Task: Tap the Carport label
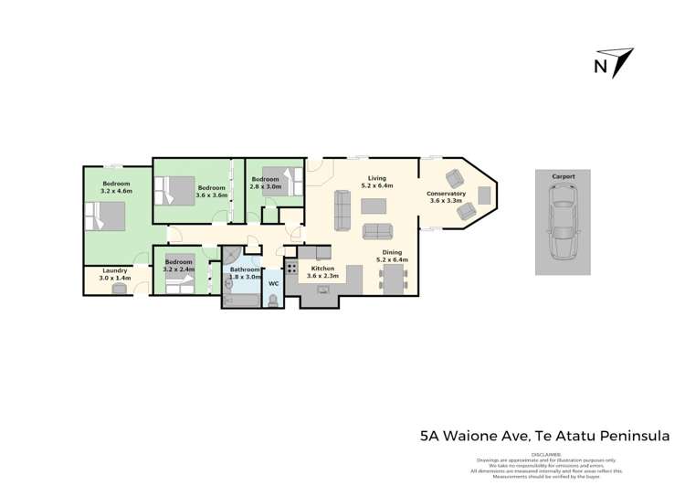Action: (563, 175)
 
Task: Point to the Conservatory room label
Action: (447, 194)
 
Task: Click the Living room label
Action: (376, 178)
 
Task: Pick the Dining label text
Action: (392, 252)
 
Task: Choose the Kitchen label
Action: (322, 269)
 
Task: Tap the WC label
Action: (272, 283)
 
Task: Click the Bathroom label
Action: (245, 269)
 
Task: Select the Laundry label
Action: (114, 269)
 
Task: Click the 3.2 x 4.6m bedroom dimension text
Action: (117, 192)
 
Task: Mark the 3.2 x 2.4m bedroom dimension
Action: (179, 269)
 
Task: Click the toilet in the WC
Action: (272, 299)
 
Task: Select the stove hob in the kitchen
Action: (292, 268)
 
